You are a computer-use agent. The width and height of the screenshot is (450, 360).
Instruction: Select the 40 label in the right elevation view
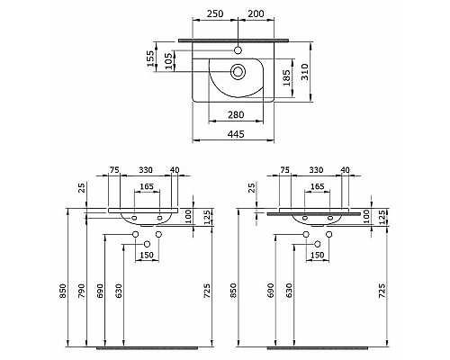coord(344,168)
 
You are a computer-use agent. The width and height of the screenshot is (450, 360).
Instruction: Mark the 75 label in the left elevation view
coord(114,168)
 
